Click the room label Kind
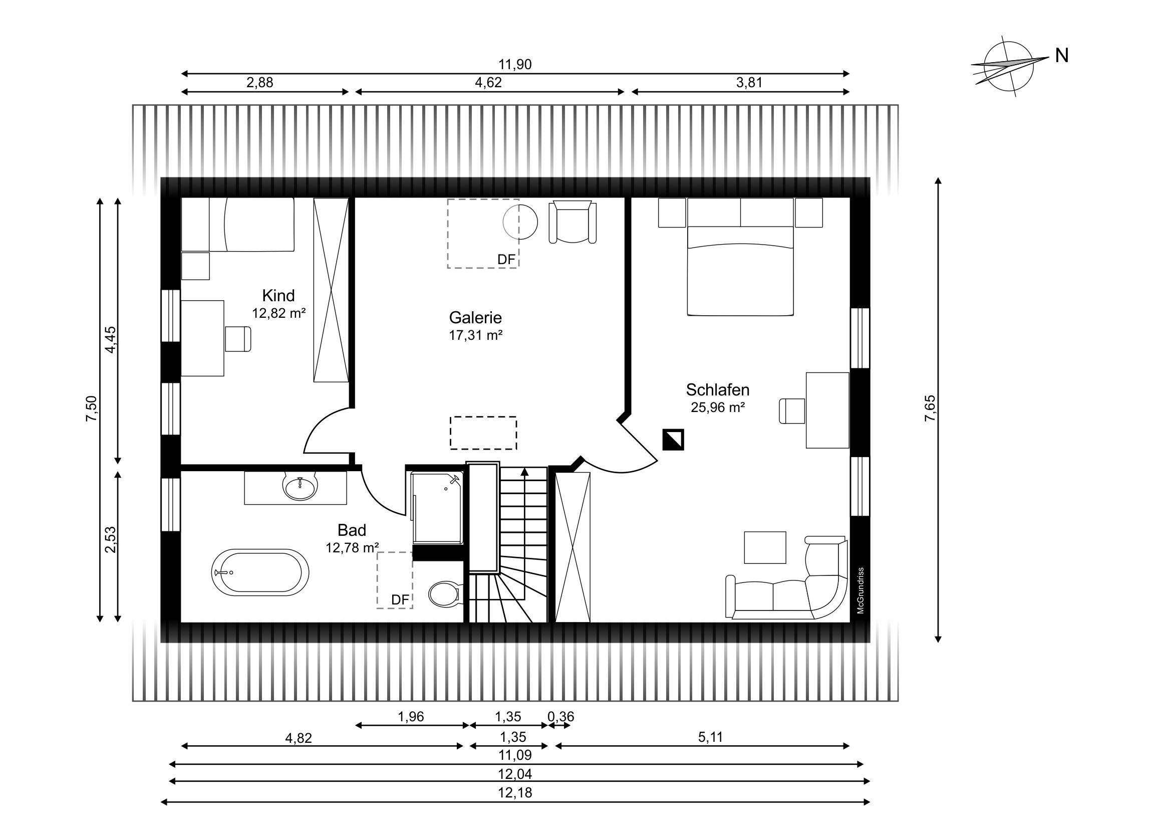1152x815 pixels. (x=278, y=295)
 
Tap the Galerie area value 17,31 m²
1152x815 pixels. (x=476, y=335)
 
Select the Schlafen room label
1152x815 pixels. (x=717, y=389)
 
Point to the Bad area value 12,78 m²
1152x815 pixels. (x=352, y=547)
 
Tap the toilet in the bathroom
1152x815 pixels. (x=445, y=593)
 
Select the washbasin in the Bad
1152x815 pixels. (x=300, y=486)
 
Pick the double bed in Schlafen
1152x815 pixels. (x=740, y=257)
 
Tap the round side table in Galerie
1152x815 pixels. (x=520, y=222)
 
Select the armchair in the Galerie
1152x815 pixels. (x=572, y=223)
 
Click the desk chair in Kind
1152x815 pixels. (x=238, y=338)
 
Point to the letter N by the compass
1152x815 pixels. (x=1061, y=56)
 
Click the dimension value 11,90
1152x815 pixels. (x=515, y=64)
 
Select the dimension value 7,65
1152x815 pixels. (x=930, y=409)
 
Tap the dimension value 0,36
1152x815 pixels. (x=560, y=717)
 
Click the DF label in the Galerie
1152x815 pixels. (x=506, y=259)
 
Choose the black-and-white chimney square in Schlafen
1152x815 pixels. (x=673, y=440)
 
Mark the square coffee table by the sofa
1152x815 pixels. (x=765, y=547)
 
